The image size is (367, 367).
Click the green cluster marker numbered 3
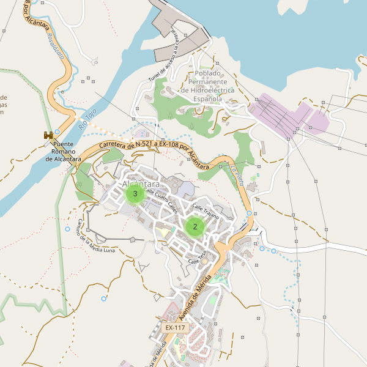pyautogui.click(x=135, y=194)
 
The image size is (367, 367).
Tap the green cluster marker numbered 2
pyautogui.click(x=195, y=227)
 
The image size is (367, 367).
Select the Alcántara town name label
pyautogui.click(x=141, y=184)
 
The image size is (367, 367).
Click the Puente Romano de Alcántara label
pyautogui.click(x=64, y=152)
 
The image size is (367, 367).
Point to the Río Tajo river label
pyautogui.click(x=87, y=119)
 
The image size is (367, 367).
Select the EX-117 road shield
pyautogui.click(x=175, y=328)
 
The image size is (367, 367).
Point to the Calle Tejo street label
pyautogui.click(x=198, y=257)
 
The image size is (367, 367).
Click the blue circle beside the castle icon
pyautogui.click(x=57, y=132)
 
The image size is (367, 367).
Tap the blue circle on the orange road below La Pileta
pyautogui.click(x=249, y=213)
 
